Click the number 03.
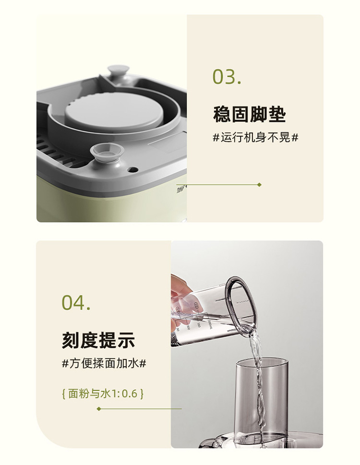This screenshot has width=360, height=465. click(x=227, y=77)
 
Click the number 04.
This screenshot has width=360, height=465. click(x=76, y=302)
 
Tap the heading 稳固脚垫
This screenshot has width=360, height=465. click(x=250, y=114)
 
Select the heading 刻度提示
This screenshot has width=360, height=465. click(x=98, y=340)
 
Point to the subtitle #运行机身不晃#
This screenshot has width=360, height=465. click(x=256, y=138)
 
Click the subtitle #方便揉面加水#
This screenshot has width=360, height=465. click(x=104, y=363)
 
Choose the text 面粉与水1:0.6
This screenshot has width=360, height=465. click(x=103, y=394)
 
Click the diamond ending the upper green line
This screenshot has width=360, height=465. click(x=260, y=185)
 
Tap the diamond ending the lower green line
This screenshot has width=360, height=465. click(x=99, y=409)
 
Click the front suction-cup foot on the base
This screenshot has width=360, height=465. click(x=107, y=152)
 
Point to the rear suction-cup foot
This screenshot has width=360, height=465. click(x=118, y=72)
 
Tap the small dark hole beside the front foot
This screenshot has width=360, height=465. click(x=132, y=169)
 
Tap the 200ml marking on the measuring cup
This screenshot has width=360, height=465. click(x=210, y=324)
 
